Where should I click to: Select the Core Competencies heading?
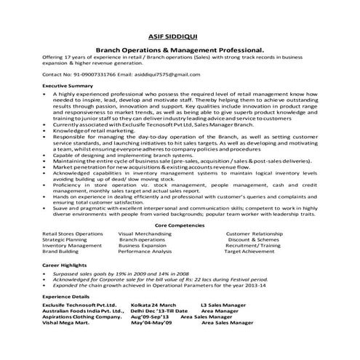point(180,226)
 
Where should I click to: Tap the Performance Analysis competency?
point(145,252)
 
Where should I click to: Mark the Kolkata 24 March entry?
point(153,305)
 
